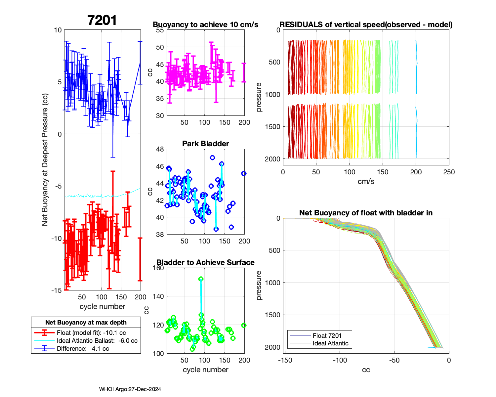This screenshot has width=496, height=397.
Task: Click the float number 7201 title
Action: [102, 21]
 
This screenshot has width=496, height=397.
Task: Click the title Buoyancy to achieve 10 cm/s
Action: [205, 25]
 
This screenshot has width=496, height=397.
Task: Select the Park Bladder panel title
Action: [205, 144]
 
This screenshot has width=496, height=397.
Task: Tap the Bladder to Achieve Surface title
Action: [205, 263]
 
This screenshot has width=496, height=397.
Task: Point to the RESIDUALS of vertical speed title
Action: [366, 25]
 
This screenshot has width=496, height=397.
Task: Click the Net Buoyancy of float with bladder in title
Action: [366, 213]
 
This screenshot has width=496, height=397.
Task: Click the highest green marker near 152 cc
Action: [201, 279]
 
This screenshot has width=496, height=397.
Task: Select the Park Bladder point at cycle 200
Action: [244, 174]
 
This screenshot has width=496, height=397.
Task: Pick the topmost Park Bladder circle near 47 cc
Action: [212, 157]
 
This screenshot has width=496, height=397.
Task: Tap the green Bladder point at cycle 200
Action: [244, 326]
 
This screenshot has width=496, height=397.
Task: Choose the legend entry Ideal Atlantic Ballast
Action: [97, 341]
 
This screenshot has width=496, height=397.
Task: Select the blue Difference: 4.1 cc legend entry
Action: [83, 349]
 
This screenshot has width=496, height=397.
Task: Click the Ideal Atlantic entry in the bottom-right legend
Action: [330, 343]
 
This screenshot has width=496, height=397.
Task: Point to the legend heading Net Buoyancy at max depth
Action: [86, 323]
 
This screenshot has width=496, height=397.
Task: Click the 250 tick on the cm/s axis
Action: [449, 172]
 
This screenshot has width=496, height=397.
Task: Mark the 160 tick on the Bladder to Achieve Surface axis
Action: [159, 268]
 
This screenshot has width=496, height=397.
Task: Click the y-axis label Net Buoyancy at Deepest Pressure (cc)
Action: [45, 160]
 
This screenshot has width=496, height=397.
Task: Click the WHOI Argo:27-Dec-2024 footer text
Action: [130, 389]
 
